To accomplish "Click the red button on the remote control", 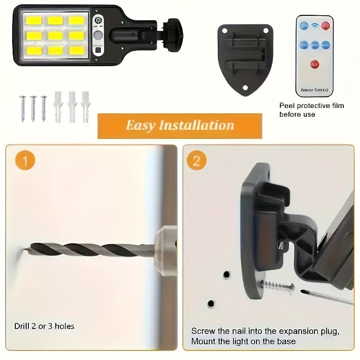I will coord(315,64).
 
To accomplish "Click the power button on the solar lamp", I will coord(98,20).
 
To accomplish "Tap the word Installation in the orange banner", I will coord(196,125).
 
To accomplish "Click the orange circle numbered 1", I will coord(25,161).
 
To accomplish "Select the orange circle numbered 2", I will coord(197,161).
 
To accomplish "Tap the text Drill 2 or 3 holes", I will coord(44,325).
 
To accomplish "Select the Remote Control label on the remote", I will coord(315,90).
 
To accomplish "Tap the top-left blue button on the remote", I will coord(304,26).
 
